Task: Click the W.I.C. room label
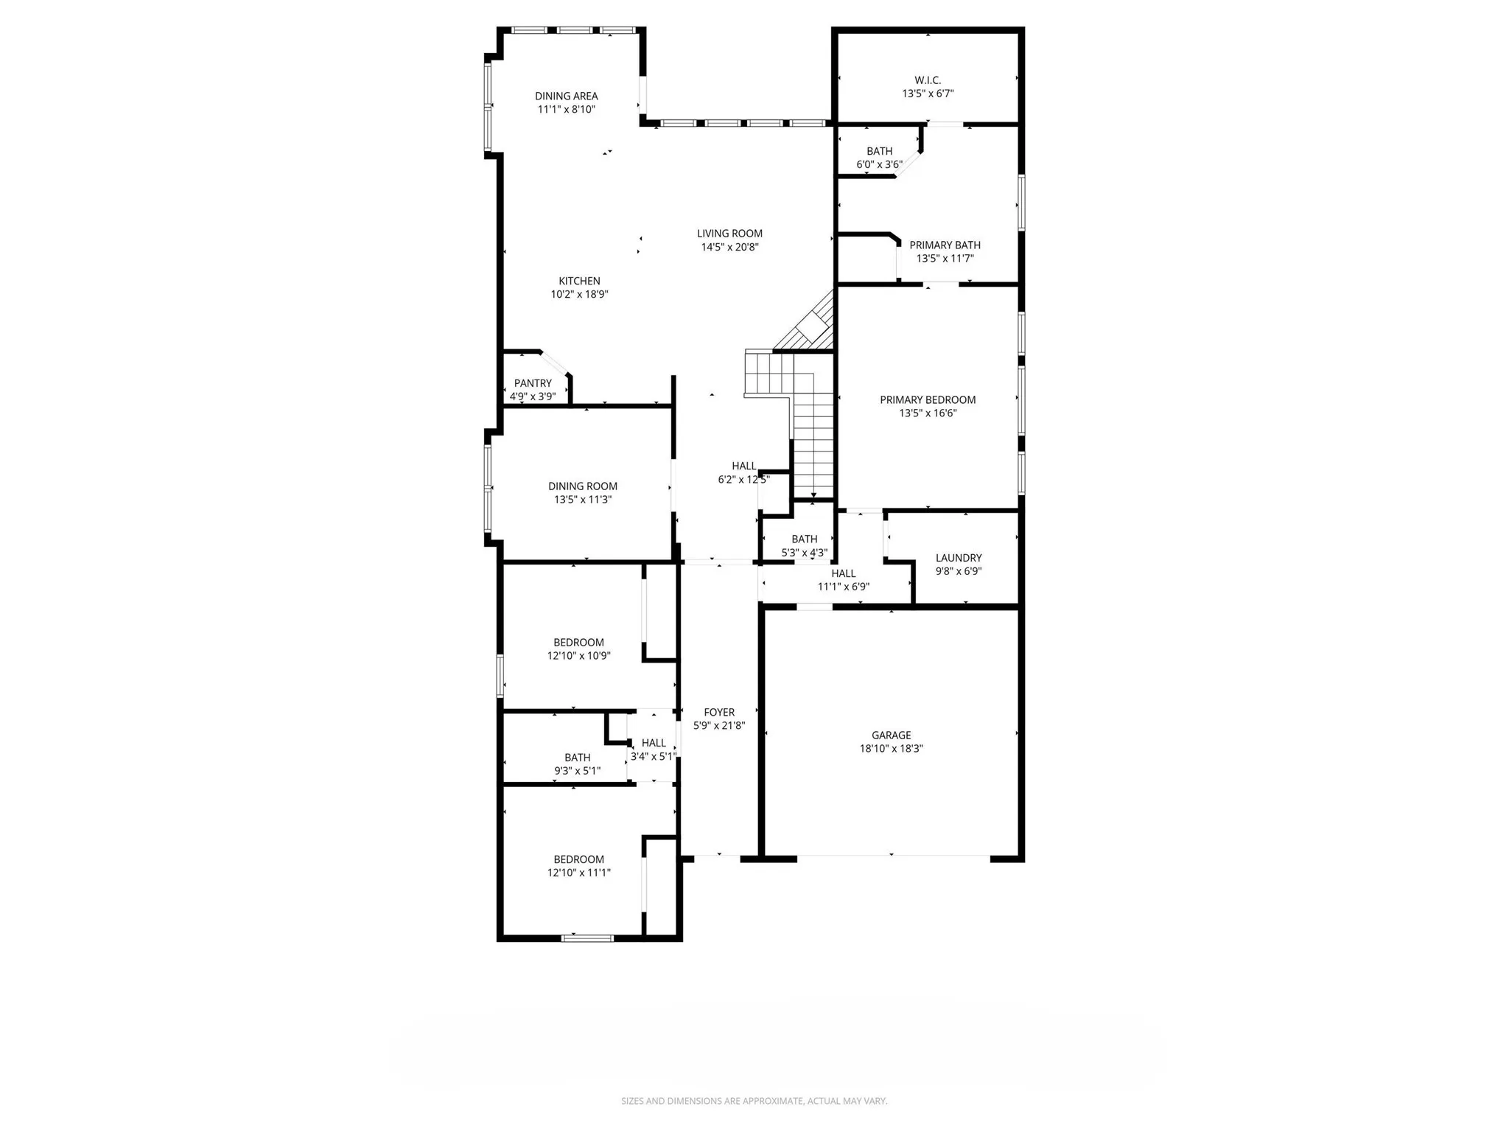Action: (x=928, y=80)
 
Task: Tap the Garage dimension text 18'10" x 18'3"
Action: (x=891, y=749)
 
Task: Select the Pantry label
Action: (x=533, y=383)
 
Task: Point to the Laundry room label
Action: (x=959, y=558)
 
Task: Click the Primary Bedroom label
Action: (x=928, y=400)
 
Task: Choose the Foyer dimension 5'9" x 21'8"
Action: (x=719, y=726)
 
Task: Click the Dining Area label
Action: (x=566, y=96)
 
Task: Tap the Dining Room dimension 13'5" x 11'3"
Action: (x=583, y=500)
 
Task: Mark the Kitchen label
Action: (x=579, y=281)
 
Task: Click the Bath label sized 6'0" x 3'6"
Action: (x=879, y=151)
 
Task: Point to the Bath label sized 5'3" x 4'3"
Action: (x=804, y=539)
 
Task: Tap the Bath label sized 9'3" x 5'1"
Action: (x=577, y=758)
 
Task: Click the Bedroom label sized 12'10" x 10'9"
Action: (x=578, y=643)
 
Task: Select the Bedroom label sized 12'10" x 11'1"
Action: (x=578, y=859)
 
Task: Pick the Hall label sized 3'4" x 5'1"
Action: (x=653, y=743)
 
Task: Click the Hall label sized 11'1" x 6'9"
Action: (x=843, y=573)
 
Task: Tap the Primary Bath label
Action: (x=945, y=245)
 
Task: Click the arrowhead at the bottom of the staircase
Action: (x=813, y=496)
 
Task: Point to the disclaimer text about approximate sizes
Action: (x=754, y=1101)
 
